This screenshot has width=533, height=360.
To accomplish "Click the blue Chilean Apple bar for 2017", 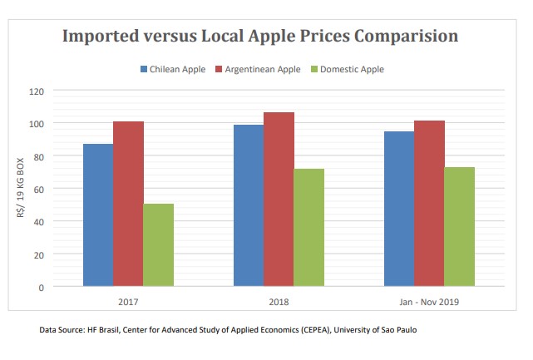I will (98, 215).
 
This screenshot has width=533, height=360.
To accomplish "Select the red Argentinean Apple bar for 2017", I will (128, 205).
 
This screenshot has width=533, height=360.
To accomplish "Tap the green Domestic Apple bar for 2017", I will (158, 245).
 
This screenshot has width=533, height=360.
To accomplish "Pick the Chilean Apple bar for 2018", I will (249, 205).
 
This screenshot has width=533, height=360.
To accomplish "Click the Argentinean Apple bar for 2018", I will (279, 200).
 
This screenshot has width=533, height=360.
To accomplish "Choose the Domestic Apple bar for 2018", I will (308, 228).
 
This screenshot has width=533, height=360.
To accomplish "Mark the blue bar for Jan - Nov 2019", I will (399, 209).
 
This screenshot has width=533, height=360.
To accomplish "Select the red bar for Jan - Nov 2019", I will (429, 204).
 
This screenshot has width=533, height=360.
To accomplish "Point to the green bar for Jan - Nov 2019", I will (459, 227).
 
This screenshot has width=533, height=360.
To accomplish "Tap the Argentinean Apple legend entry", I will (264, 69).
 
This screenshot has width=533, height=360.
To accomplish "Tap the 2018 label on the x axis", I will (279, 302).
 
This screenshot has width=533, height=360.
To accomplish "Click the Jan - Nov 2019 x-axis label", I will (429, 302).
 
